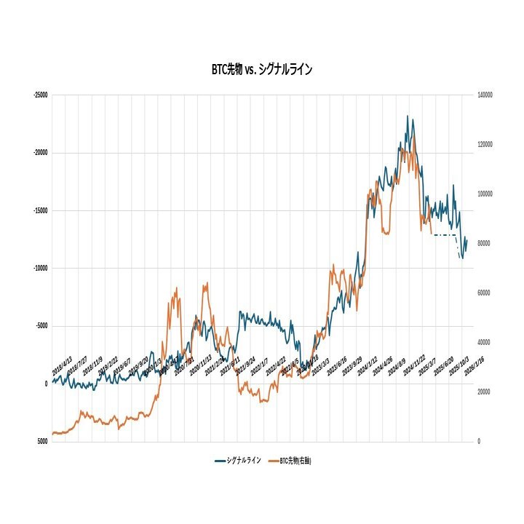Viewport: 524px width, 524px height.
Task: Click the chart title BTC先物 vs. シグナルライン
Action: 262,70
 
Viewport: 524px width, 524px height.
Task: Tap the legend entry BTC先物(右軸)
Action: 295,461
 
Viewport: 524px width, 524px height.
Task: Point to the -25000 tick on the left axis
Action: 40,95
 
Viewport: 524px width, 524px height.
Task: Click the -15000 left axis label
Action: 40,210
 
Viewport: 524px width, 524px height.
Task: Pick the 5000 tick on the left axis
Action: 43,441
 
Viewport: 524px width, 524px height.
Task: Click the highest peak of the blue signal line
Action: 408,116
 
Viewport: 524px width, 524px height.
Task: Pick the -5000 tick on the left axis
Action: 41,326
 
